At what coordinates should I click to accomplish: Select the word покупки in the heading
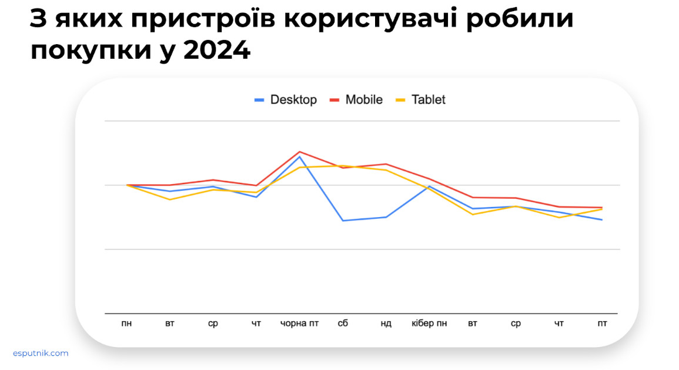83,51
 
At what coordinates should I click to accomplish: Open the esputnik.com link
41,353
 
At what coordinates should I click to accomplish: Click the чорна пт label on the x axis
299,324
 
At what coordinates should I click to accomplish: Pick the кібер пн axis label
429,324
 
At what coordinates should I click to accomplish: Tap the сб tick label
343,324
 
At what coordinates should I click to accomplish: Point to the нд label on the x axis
386,324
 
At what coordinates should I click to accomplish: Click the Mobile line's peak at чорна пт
300,152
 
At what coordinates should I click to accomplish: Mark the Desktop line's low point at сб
343,221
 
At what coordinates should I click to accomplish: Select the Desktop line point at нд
386,217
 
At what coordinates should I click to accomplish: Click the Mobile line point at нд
386,164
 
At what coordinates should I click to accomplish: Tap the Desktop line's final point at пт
602,220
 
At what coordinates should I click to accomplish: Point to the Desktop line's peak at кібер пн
429,186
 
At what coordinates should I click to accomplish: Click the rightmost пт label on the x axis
602,324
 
